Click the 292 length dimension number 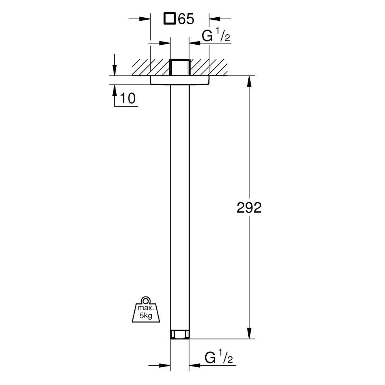[x=249, y=208]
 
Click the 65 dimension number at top [x=186, y=19]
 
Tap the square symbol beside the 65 [x=169, y=19]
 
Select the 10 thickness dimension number [x=128, y=98]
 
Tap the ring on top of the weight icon [x=146, y=300]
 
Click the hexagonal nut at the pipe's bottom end [x=180, y=335]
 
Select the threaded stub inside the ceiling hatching [x=180, y=67]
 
